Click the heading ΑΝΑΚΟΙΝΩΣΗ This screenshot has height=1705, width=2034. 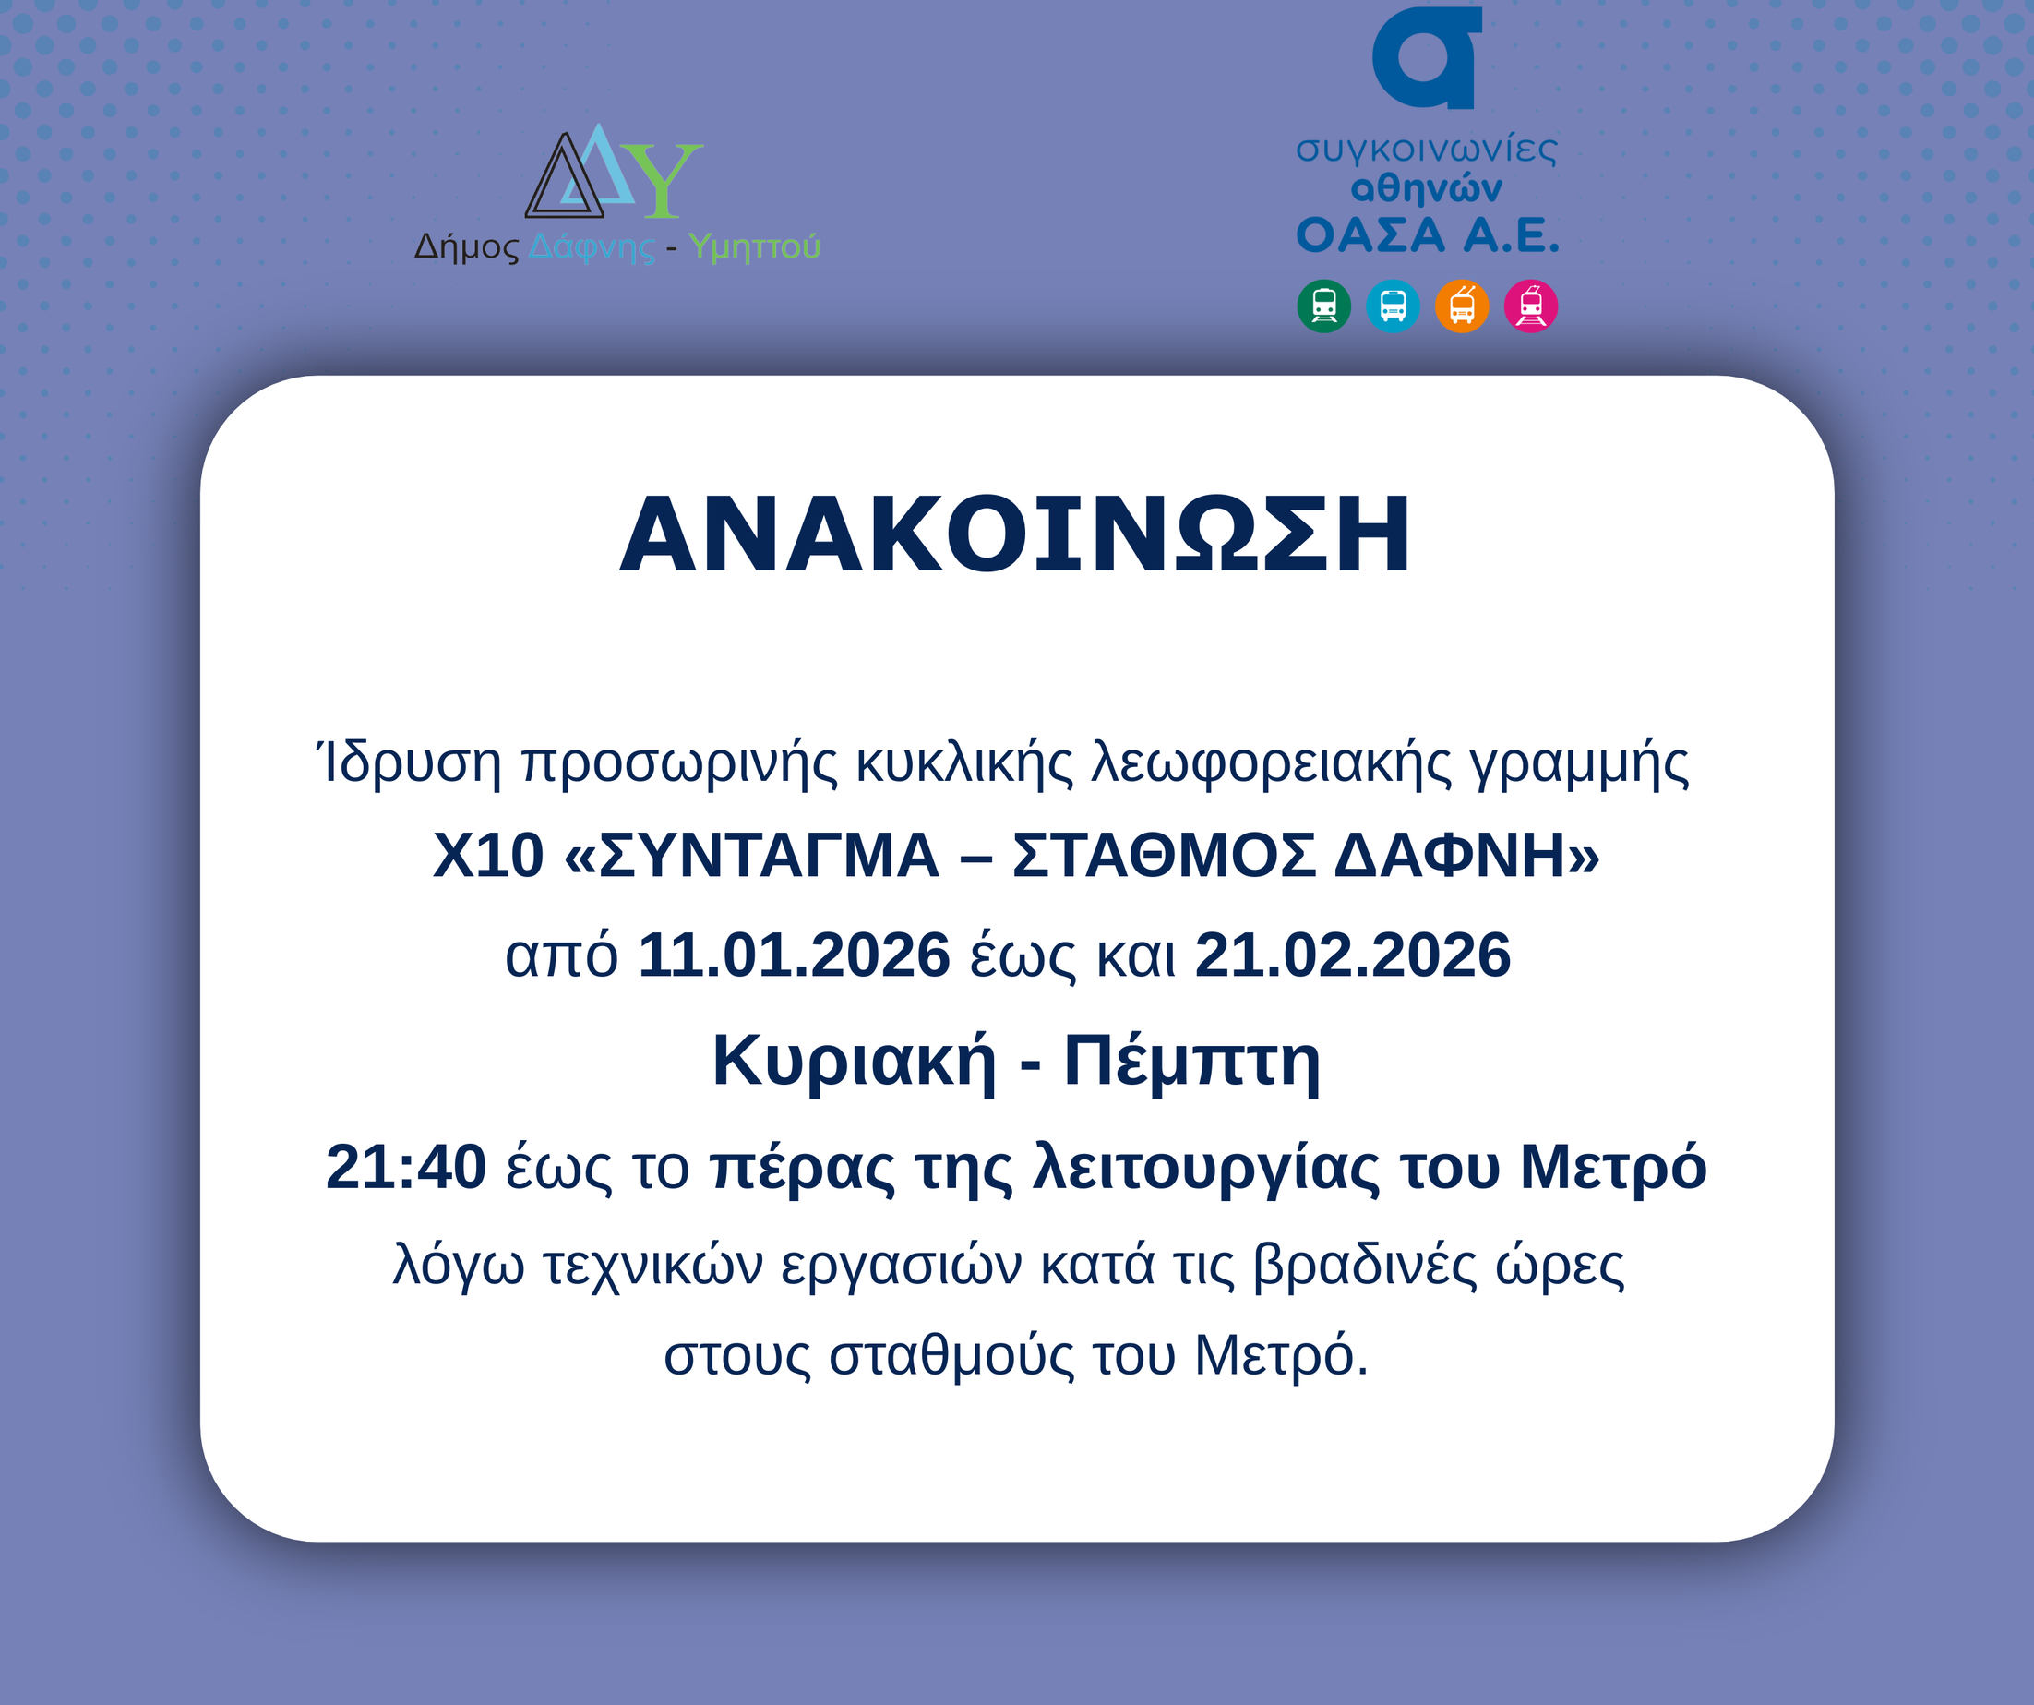coord(1015,534)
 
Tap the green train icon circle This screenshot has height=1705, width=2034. coord(1324,306)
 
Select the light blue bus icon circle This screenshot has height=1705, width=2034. coord(1393,306)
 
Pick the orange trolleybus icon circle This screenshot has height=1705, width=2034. coord(1462,306)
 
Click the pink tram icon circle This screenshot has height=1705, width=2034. coord(1530,306)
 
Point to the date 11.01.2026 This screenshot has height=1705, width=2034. coord(795,955)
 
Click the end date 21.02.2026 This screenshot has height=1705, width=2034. coord(1353,955)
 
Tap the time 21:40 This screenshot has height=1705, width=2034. coord(406,1167)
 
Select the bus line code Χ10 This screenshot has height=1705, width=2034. coord(488,856)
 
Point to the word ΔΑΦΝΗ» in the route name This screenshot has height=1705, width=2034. coord(1466,856)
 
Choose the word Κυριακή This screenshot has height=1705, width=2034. coord(855,1062)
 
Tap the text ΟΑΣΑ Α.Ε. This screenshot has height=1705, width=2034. coord(1428,234)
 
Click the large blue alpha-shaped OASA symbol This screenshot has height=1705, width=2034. coord(1427,57)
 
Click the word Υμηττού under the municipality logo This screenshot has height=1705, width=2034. coord(755,248)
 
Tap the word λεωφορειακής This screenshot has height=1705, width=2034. coord(1272,763)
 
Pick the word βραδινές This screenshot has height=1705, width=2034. coord(1365,1266)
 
